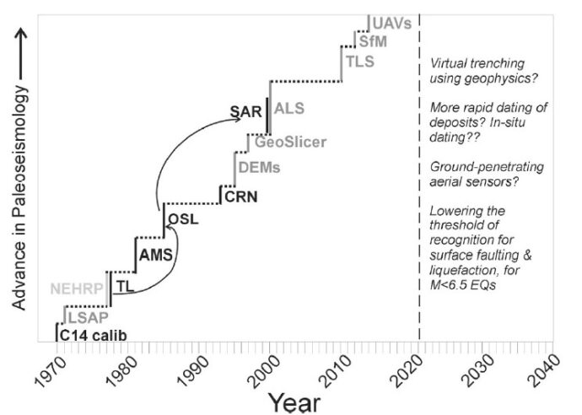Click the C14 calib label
[94, 336]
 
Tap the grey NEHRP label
[77, 288]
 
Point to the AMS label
[156, 254]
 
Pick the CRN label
[240, 198]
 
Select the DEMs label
[258, 168]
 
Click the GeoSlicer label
[290, 141]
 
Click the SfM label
[373, 41]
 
